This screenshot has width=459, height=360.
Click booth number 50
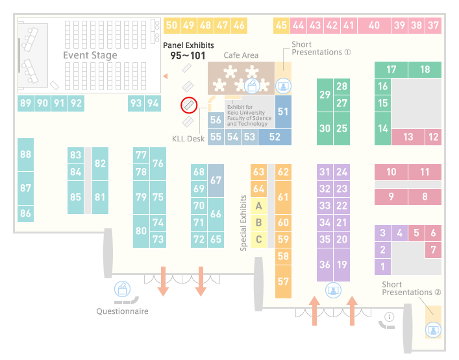click(171, 25)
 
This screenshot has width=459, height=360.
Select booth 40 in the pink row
click(374, 25)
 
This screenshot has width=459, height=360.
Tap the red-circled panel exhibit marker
click(189, 105)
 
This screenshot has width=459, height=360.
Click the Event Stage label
click(90, 55)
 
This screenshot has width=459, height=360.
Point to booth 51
click(283, 112)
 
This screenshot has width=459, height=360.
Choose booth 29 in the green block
click(325, 95)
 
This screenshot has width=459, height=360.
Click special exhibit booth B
click(258, 222)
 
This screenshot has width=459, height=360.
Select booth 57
click(283, 282)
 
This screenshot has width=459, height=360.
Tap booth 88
click(25, 154)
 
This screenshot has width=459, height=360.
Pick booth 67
click(216, 180)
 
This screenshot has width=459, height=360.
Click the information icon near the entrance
click(390, 317)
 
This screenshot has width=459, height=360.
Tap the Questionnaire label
click(122, 311)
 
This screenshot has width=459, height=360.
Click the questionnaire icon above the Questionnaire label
click(122, 289)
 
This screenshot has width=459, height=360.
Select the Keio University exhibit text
click(249, 115)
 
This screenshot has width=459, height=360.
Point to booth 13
click(408, 137)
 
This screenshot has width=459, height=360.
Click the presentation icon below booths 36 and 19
click(333, 291)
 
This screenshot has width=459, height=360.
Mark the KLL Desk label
click(188, 139)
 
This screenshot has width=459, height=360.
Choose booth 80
click(141, 231)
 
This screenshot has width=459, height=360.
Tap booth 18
click(425, 69)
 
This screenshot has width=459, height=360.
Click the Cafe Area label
click(241, 55)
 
